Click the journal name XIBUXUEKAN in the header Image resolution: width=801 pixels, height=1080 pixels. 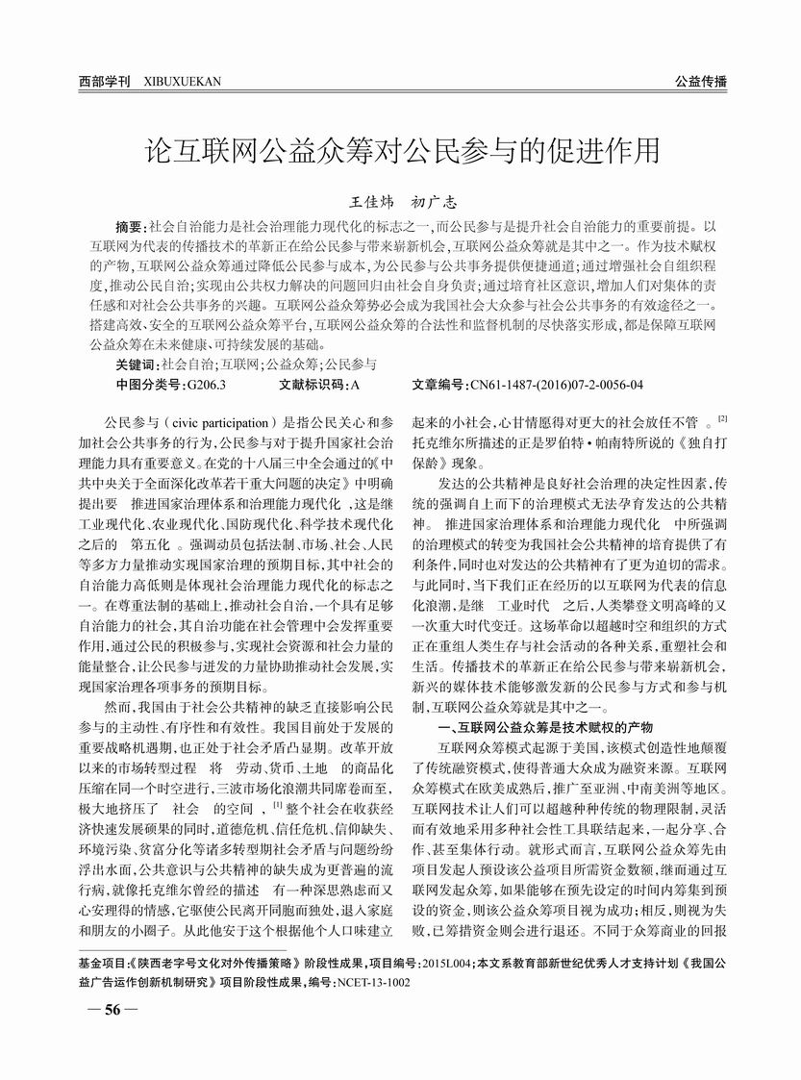tap(182, 82)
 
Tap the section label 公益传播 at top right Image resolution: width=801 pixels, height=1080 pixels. tap(700, 82)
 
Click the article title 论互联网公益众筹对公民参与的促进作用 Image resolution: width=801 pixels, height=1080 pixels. tap(401, 151)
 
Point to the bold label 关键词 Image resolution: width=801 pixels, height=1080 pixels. tap(136, 365)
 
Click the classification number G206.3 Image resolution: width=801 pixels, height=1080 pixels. tap(206, 385)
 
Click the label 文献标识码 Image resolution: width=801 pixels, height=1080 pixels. tap(308, 385)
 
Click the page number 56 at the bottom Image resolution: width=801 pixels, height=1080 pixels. tap(113, 1010)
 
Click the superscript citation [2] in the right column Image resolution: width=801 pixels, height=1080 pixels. tap(722, 418)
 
